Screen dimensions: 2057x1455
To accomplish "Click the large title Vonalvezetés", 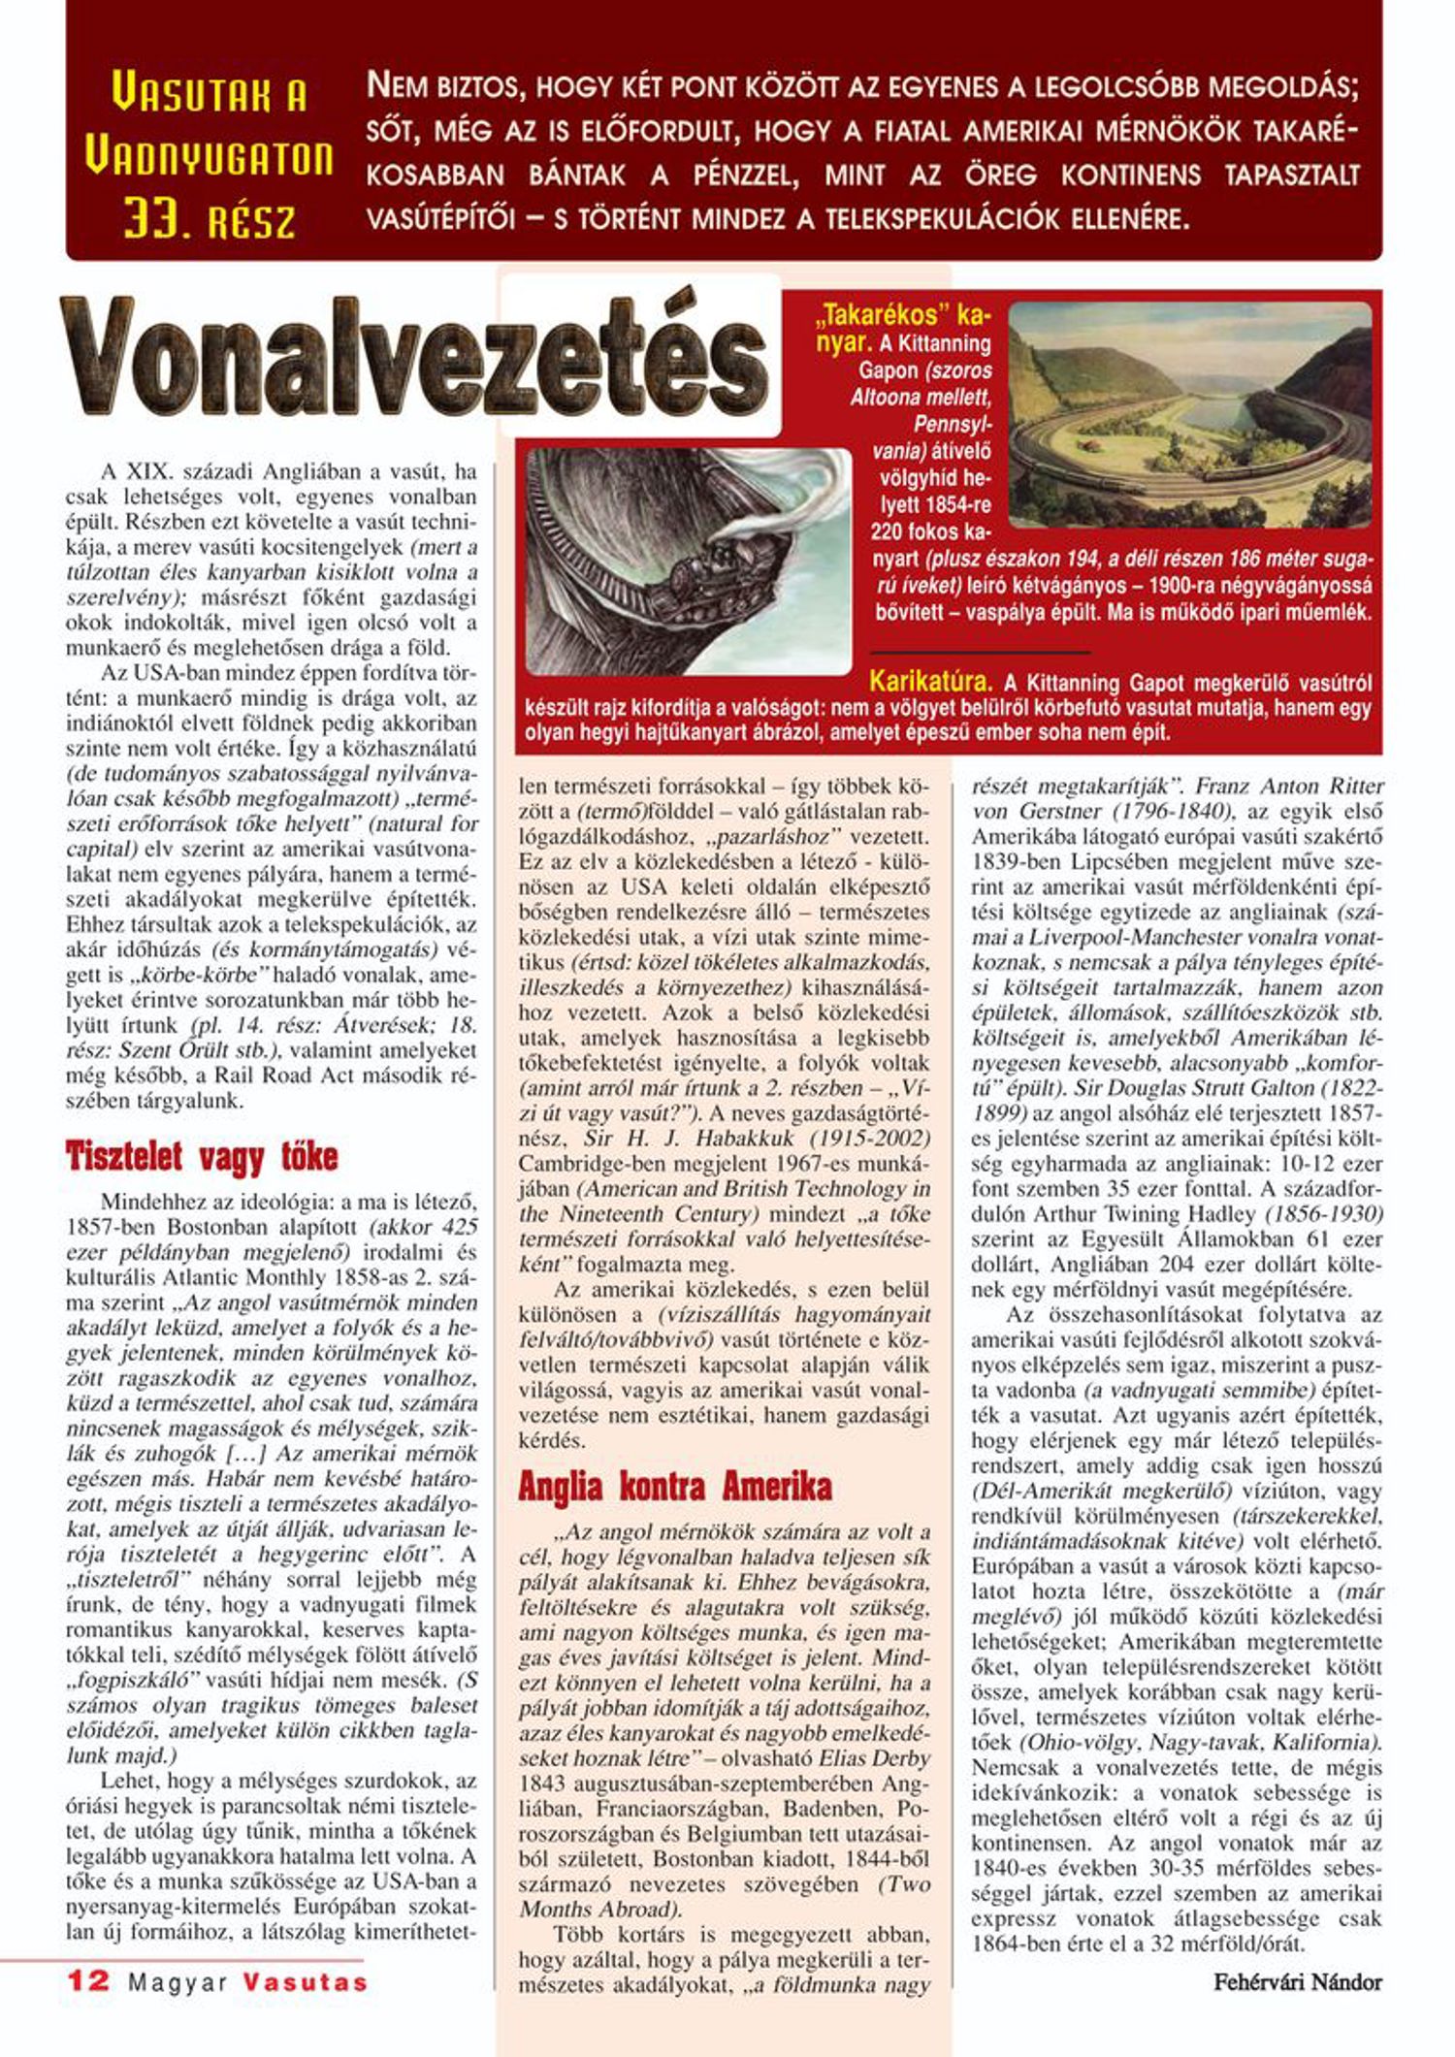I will coord(417,359).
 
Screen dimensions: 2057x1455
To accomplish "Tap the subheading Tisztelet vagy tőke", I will coord(202,1156).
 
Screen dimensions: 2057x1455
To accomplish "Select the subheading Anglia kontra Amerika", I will coord(675,1486).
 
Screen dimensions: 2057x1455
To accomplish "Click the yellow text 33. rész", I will coord(210,221).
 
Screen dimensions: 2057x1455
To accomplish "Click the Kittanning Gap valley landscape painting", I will coord(1190,415).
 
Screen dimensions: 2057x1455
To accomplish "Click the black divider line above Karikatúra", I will coord(980,653).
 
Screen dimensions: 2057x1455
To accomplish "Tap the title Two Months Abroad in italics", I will coord(723,1909).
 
